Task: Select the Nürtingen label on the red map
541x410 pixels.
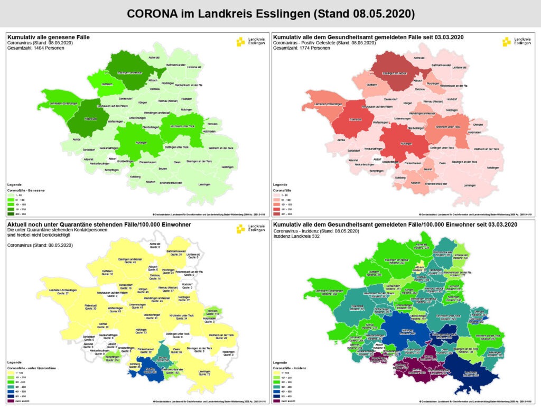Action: [x=406, y=143]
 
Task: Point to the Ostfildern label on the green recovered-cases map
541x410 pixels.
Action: [x=107, y=85]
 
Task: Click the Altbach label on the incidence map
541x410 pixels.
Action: [x=418, y=268]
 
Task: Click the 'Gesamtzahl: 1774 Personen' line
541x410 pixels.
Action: [x=301, y=48]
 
